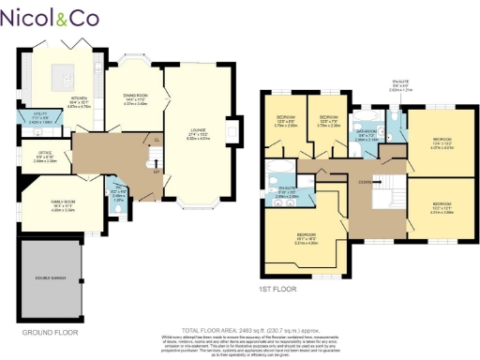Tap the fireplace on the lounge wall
pyautogui.click(x=235, y=128)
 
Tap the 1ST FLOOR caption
pyautogui.click(x=277, y=289)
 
